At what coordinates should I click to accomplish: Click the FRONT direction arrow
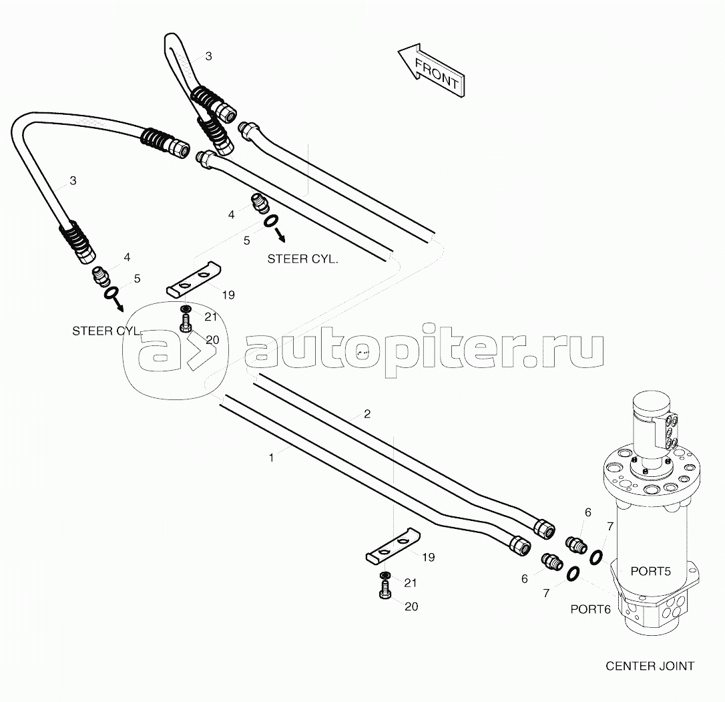click(x=431, y=70)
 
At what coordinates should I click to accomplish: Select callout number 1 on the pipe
click(x=272, y=458)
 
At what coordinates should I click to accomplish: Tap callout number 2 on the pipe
click(x=367, y=413)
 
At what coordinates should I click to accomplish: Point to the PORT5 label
click(x=650, y=571)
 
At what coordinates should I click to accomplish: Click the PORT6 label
click(x=590, y=609)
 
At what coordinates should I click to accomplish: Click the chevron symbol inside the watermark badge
click(x=201, y=351)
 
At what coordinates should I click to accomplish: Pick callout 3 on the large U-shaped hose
click(x=73, y=180)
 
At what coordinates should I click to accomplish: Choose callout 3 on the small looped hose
click(x=208, y=56)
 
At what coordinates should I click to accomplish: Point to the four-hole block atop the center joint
click(x=671, y=431)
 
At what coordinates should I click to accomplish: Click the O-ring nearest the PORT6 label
click(x=573, y=574)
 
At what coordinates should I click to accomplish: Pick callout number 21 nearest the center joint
click(x=410, y=583)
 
